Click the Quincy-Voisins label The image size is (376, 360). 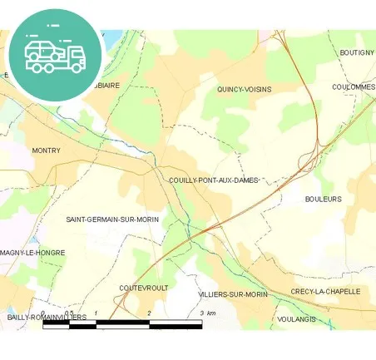244,89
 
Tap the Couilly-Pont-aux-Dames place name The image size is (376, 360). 214,180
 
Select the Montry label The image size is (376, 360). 46,150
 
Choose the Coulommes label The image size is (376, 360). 353,86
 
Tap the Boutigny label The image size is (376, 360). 356,52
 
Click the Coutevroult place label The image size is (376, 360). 144,288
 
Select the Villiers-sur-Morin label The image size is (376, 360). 232,295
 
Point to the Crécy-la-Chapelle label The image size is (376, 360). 325,292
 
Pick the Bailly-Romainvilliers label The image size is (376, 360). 47,318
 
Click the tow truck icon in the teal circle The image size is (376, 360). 55,54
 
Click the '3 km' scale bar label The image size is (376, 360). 208,313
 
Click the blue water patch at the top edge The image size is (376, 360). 111,38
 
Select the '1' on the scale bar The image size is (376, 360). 96,313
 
